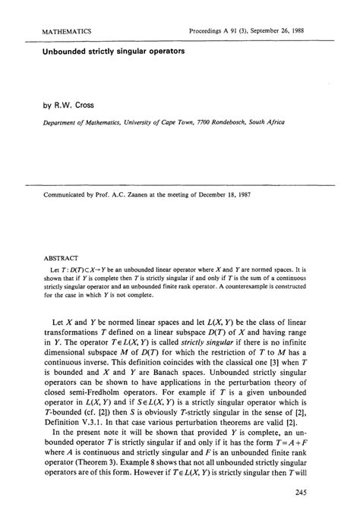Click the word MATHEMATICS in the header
click(57, 31)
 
